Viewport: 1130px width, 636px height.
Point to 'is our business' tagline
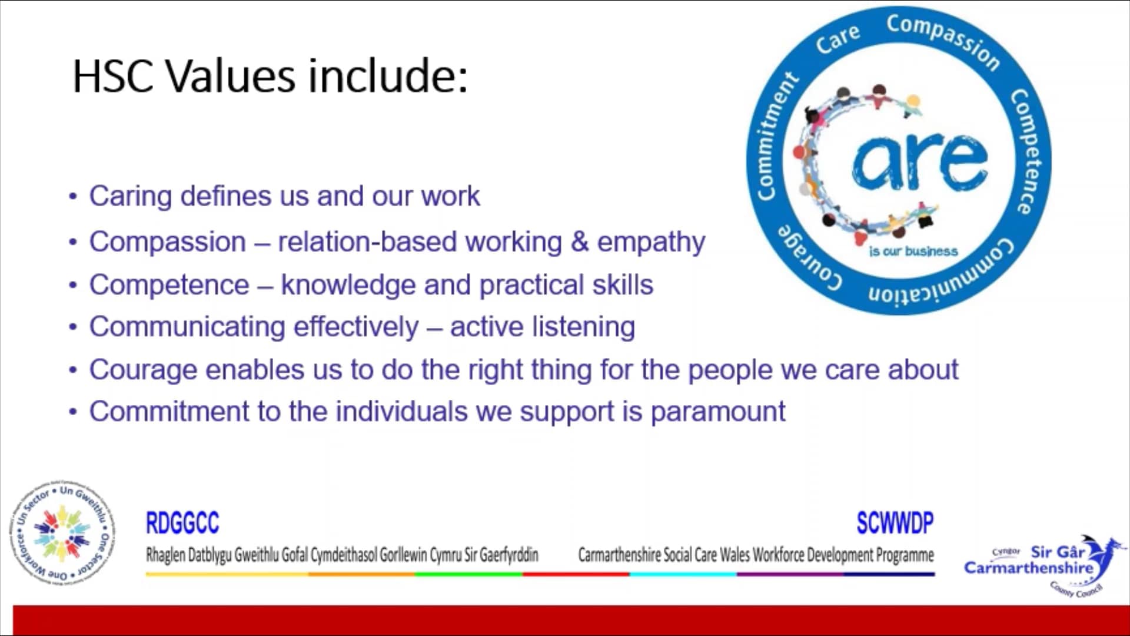[913, 251]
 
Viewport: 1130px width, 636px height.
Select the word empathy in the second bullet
[651, 243]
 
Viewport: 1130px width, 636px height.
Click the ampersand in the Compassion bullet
[580, 242]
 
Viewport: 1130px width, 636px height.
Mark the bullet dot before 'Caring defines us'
[73, 197]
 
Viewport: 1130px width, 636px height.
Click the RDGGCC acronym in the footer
[182, 523]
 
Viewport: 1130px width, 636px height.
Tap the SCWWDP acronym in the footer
[895, 523]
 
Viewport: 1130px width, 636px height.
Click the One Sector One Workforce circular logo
[62, 534]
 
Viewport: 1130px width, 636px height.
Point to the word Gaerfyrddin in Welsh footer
[508, 555]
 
